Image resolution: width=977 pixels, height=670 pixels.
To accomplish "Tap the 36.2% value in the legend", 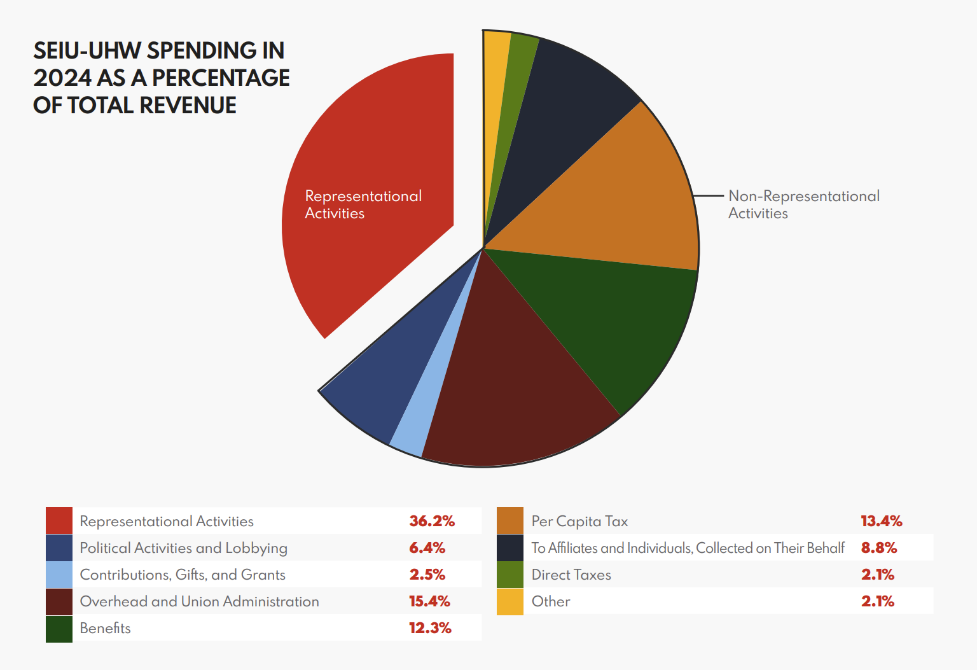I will pyautogui.click(x=432, y=521).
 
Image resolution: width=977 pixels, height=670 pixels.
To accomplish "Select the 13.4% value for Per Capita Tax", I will pyautogui.click(x=881, y=521).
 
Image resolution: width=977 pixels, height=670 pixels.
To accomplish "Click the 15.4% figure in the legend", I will pyautogui.click(x=429, y=601).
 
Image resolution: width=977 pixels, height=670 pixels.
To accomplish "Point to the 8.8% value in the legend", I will pyautogui.click(x=878, y=548).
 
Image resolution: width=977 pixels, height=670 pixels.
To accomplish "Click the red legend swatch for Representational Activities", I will pyautogui.click(x=59, y=520).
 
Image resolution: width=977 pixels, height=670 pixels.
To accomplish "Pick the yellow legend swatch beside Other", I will pyautogui.click(x=509, y=601).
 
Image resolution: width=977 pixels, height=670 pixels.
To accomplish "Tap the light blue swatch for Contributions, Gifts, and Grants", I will pyautogui.click(x=59, y=575).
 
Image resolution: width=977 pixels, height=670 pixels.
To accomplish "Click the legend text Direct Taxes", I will pyautogui.click(x=571, y=575).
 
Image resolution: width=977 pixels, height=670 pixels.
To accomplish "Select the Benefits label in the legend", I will pyautogui.click(x=105, y=628).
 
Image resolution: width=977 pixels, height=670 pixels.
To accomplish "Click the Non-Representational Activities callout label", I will pyautogui.click(x=803, y=204).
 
